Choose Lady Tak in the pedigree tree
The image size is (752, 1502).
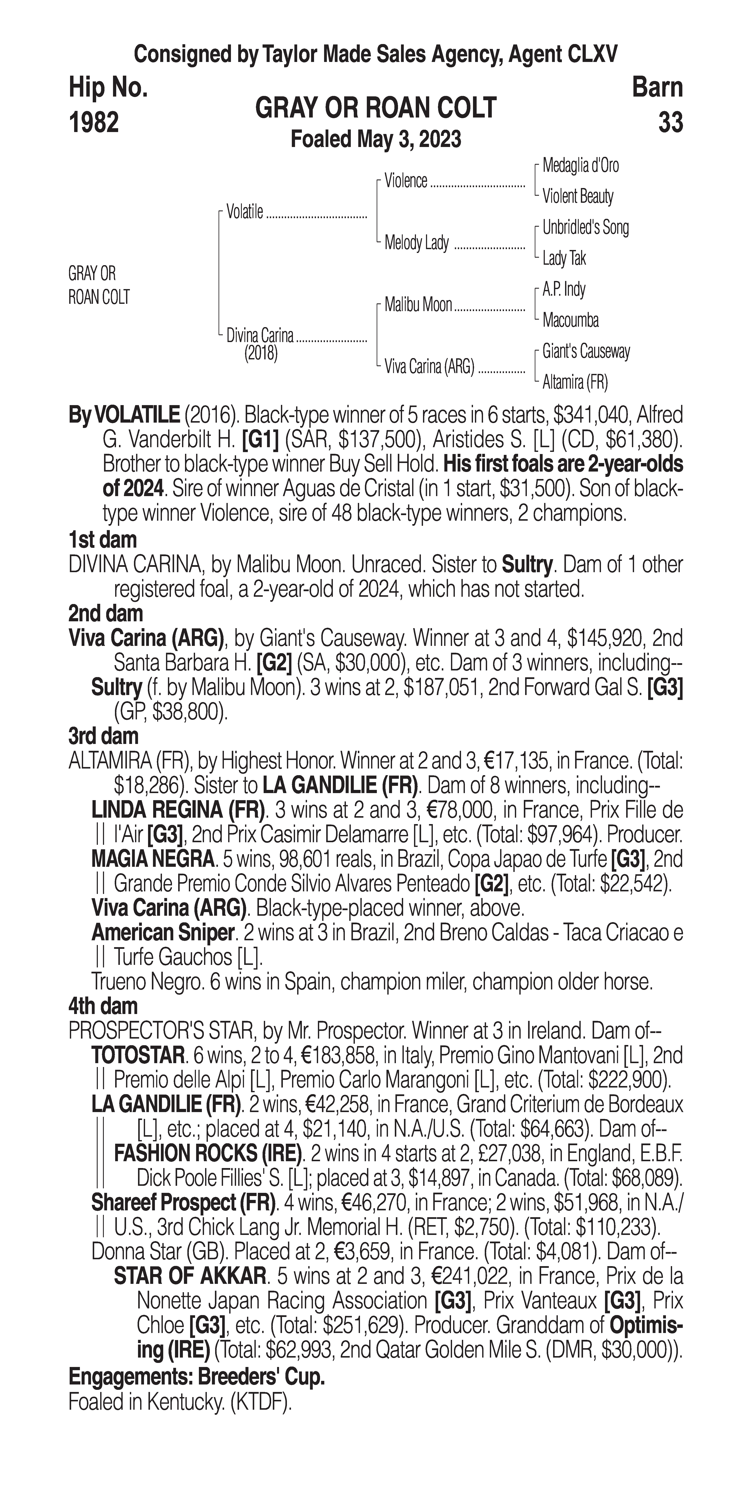[564, 258]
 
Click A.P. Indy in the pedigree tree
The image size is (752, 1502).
[564, 289]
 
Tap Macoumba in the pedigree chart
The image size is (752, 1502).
[570, 320]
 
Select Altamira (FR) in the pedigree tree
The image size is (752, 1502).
[575, 382]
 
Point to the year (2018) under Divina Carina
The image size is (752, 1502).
[261, 353]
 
